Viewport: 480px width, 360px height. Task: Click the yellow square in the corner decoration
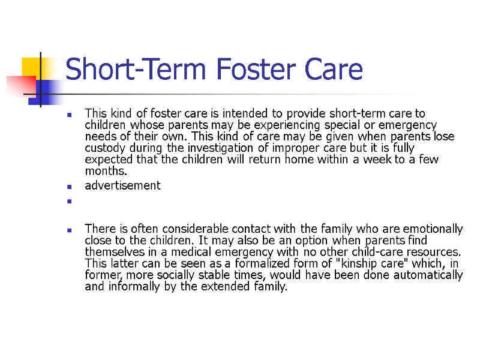32,67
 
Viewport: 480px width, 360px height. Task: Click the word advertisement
122,185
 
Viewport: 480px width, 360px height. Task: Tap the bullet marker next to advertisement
70,187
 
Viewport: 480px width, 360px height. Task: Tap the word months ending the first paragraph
103,171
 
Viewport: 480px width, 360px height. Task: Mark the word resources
433,251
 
